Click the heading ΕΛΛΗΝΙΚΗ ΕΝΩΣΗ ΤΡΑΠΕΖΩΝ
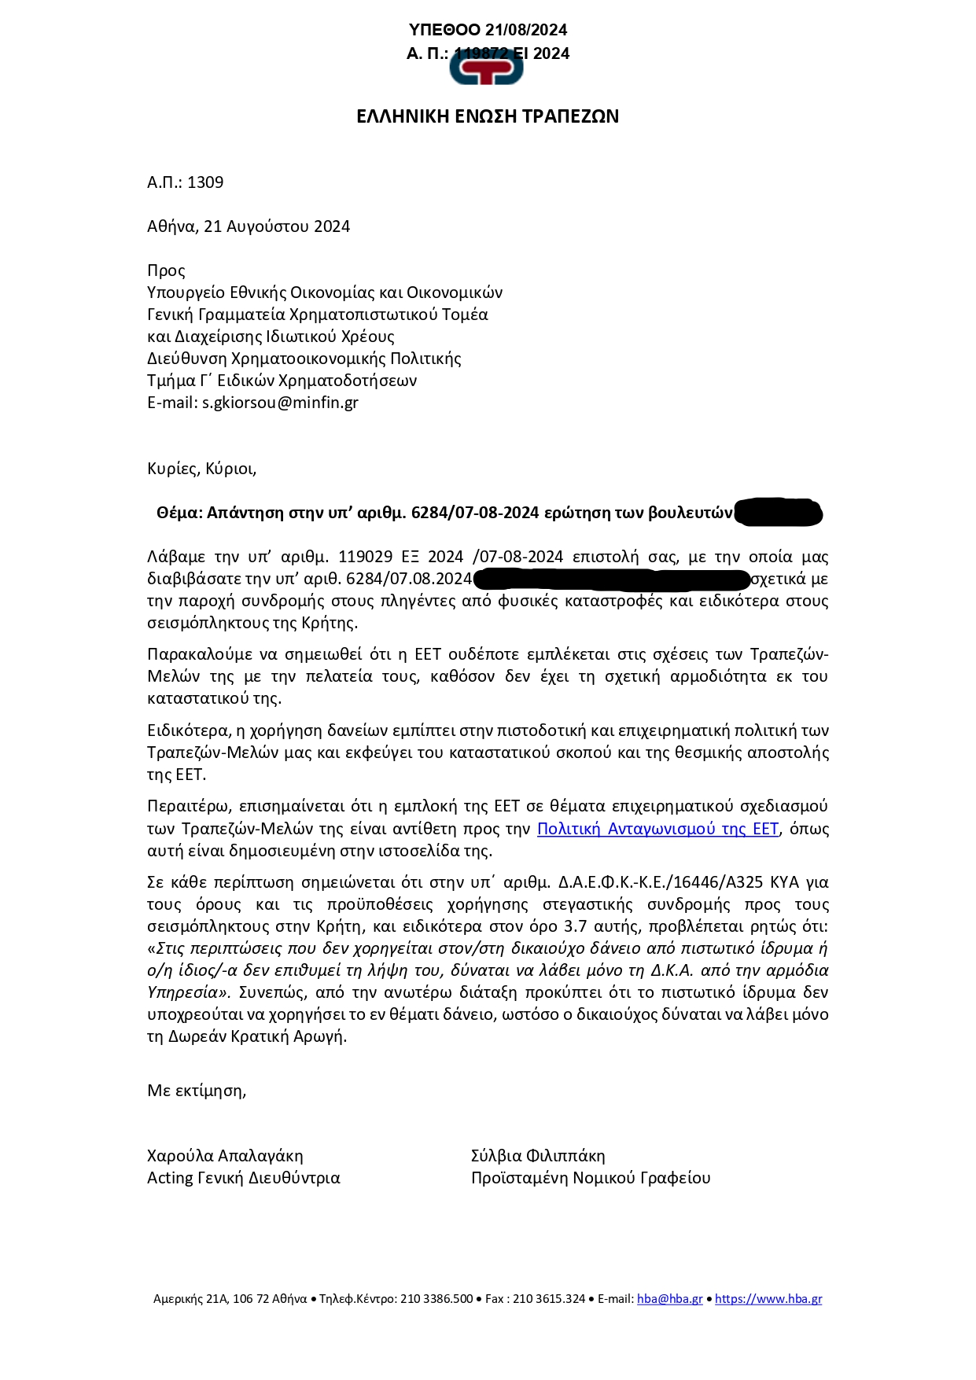488,116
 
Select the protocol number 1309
205,182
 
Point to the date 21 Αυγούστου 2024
277,226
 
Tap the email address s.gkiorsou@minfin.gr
280,403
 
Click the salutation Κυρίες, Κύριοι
201,469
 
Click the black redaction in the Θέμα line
778,513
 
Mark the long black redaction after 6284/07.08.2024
612,580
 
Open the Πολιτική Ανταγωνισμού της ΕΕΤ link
657,829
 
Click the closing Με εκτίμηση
197,1091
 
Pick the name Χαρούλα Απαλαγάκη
225,1156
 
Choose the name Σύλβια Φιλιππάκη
538,1156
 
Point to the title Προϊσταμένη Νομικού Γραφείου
591,1178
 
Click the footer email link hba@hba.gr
670,1299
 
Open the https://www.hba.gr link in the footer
768,1299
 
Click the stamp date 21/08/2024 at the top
526,30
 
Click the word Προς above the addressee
166,270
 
